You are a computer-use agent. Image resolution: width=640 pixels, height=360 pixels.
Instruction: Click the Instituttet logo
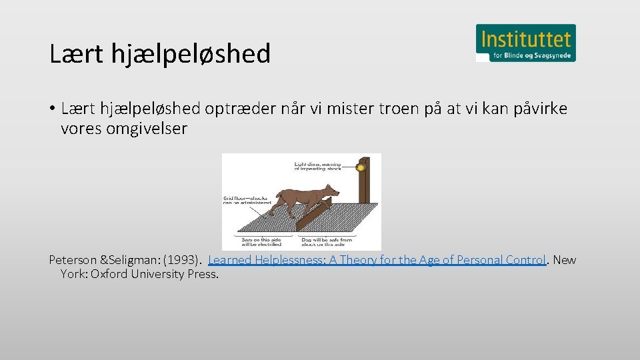tap(525, 43)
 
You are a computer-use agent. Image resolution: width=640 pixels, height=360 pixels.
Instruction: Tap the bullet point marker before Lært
tap(51, 109)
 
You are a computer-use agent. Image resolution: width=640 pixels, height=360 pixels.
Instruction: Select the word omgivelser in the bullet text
tap(124, 129)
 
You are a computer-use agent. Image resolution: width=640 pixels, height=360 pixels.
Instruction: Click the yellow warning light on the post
tap(361, 167)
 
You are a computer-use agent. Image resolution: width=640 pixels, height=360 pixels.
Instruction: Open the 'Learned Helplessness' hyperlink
tap(377, 260)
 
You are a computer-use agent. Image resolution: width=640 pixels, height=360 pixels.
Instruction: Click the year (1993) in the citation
tap(181, 260)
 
